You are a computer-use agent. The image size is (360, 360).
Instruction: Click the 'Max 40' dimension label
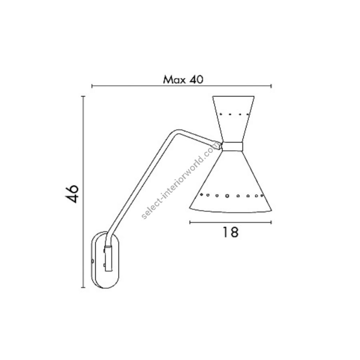coord(183,80)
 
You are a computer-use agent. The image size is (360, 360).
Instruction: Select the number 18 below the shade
coord(230,232)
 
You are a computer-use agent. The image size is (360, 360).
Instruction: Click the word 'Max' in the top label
coord(174,80)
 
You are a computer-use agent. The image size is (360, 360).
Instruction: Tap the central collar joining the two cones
coord(232,146)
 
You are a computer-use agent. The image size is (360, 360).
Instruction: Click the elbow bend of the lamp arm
coord(177,132)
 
